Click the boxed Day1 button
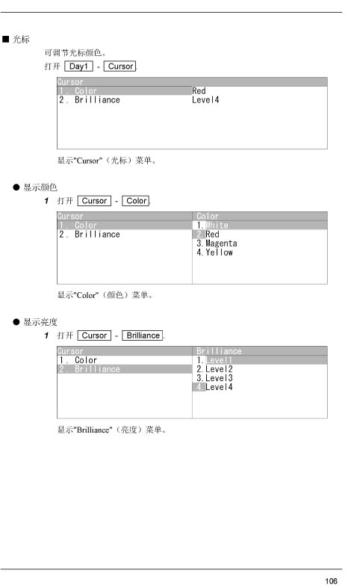coord(78,66)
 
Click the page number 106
coord(331,581)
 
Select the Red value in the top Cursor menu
coord(199,90)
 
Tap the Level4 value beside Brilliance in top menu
coord(205,100)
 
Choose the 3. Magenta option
coord(217,244)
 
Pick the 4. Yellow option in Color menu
coord(214,253)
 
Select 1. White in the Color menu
coord(212,226)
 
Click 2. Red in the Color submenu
coord(208,235)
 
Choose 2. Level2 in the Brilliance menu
coord(214,369)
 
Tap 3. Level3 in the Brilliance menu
coord(214,378)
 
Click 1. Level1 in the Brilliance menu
coord(214,360)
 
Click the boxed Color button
coord(136,201)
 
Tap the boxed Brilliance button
coord(143,335)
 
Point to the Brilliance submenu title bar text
coord(219,351)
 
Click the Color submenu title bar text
coord(208,217)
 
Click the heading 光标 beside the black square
coord(21,40)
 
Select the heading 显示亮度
coord(40,322)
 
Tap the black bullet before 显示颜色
coord(16,187)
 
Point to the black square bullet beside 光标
coord(6,39)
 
